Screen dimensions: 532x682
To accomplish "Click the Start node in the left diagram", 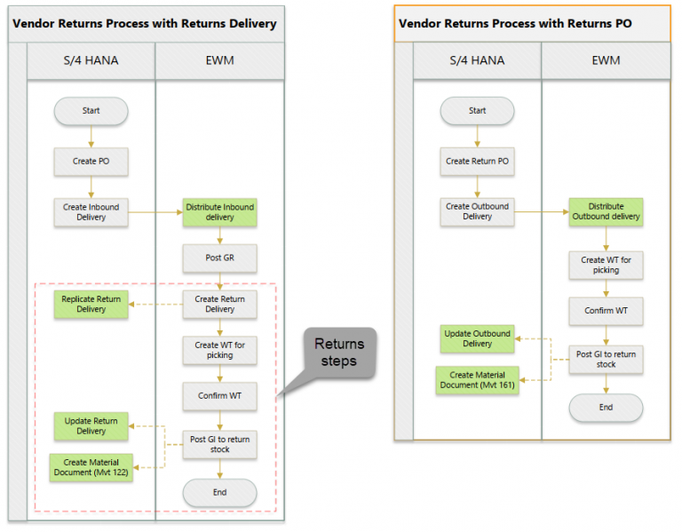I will click(91, 111).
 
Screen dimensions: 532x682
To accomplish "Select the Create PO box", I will click(91, 162).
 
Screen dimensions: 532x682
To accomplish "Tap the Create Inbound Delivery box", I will click(91, 212).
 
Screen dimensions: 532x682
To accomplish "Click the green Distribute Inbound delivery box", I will click(219, 212).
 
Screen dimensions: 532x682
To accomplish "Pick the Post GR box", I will click(219, 258).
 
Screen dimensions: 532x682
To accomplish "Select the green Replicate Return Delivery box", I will click(91, 304).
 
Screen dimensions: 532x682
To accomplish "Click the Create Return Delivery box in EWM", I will click(219, 305).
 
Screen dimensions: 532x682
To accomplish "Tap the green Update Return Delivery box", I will click(91, 425).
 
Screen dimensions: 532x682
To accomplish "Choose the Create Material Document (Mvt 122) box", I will click(91, 467).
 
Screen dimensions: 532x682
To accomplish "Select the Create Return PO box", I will click(477, 162).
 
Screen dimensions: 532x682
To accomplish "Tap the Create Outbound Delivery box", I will click(477, 211).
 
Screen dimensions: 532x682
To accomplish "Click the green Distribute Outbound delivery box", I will click(606, 211).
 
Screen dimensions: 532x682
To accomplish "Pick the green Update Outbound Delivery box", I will click(477, 338).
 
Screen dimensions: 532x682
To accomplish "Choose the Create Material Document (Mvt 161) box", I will click(477, 380).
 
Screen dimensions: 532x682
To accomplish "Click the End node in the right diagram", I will click(606, 408).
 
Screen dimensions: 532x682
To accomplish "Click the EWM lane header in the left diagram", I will click(219, 61).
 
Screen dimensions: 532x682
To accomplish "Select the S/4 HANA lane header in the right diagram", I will click(477, 61).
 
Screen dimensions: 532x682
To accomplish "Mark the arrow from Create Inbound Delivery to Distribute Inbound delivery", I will click(155, 212).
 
